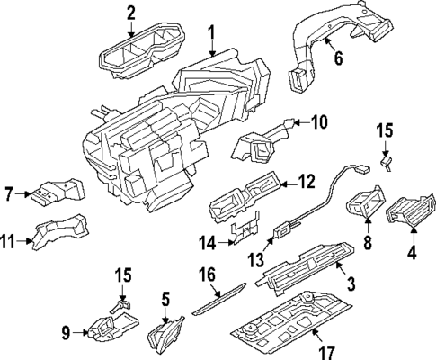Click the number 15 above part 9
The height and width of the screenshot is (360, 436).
(124, 274)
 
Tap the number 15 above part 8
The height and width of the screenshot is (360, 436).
(385, 132)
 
